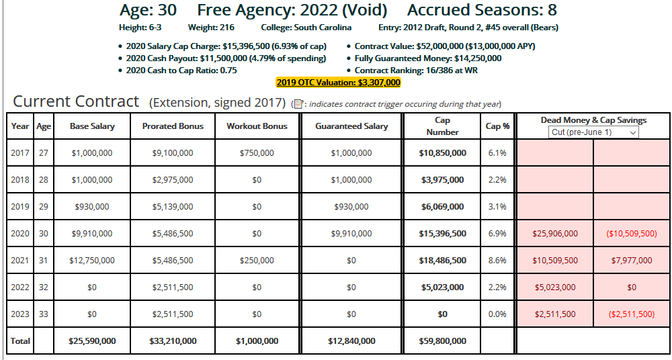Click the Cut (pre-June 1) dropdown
(593, 132)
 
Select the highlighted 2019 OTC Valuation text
(338, 83)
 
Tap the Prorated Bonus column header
(173, 126)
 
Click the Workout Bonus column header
(257, 126)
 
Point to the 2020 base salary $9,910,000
(92, 234)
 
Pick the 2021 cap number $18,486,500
(443, 261)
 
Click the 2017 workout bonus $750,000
(257, 153)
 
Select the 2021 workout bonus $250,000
(257, 261)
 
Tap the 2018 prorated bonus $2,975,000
(173, 180)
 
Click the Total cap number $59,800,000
(443, 341)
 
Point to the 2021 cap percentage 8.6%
(497, 261)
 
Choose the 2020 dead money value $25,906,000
(554, 234)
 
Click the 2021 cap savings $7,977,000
(631, 261)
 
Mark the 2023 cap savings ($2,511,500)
(631, 314)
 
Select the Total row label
(20, 341)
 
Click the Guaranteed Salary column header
(351, 126)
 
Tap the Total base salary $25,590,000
(92, 341)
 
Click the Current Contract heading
(76, 102)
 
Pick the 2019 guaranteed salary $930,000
(351, 207)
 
